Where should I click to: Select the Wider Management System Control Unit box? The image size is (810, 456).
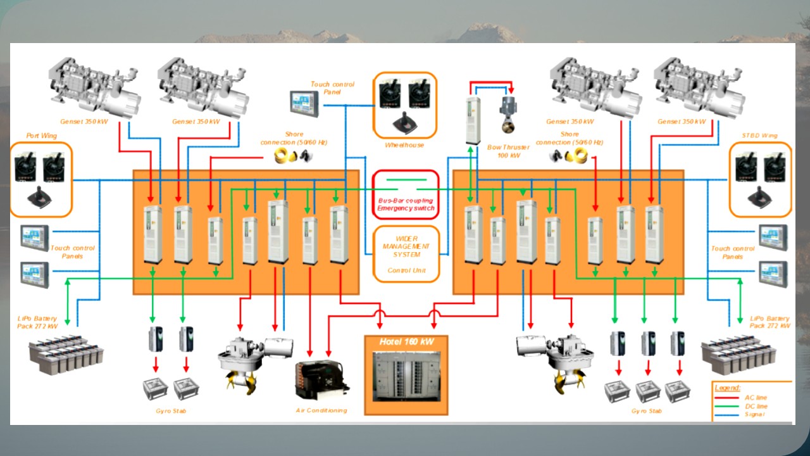point(406,253)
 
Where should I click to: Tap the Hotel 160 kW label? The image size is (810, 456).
point(406,342)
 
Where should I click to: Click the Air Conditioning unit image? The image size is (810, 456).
point(322,380)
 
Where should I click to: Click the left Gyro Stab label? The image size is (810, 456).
point(171,410)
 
